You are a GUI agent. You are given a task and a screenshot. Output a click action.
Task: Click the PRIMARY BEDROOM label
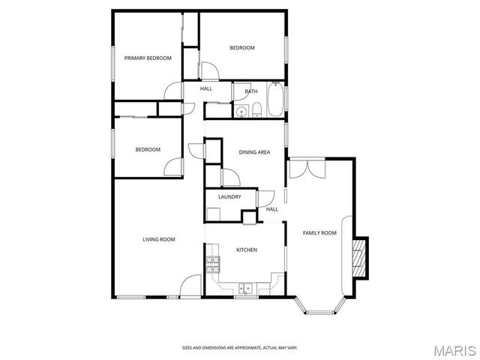148,58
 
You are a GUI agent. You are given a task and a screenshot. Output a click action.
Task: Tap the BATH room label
251,91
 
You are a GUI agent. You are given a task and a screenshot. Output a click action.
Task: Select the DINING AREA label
254,152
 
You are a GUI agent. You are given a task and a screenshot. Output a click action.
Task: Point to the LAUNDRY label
229,196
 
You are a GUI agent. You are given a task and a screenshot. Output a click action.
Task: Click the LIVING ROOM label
159,239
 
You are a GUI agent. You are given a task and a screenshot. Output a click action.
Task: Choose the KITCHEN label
247,250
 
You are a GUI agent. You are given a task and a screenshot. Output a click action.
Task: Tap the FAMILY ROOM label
319,233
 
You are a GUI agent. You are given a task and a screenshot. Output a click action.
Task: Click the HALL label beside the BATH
206,88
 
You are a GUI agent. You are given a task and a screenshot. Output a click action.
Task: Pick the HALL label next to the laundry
272,209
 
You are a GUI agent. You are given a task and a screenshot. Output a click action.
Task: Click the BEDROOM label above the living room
148,149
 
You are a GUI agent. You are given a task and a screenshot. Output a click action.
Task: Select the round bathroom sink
241,112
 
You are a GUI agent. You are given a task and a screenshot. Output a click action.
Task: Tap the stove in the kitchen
213,263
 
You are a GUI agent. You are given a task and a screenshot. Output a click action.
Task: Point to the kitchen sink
245,288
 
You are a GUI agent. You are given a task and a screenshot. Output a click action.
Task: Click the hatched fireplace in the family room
361,255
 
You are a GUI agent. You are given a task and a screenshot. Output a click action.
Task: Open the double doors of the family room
306,168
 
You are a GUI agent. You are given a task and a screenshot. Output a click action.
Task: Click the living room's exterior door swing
190,286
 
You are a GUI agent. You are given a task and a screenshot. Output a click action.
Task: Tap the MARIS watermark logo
454,349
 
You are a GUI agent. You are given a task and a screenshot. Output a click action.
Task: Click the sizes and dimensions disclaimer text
239,347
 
